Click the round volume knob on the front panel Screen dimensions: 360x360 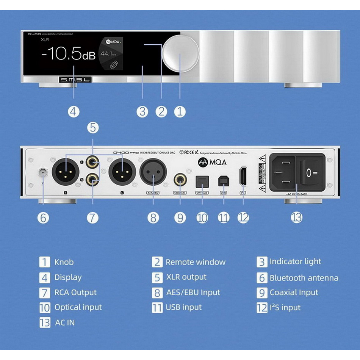click(x=180, y=56)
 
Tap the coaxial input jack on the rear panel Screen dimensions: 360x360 click(x=180, y=178)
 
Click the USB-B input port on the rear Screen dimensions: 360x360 click(x=224, y=181)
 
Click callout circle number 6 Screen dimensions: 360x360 click(x=44, y=218)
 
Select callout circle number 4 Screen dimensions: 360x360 click(x=74, y=111)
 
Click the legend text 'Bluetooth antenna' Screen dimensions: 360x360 click(x=304, y=278)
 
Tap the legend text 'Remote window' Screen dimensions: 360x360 click(x=195, y=262)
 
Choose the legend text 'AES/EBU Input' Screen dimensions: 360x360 click(x=193, y=293)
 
